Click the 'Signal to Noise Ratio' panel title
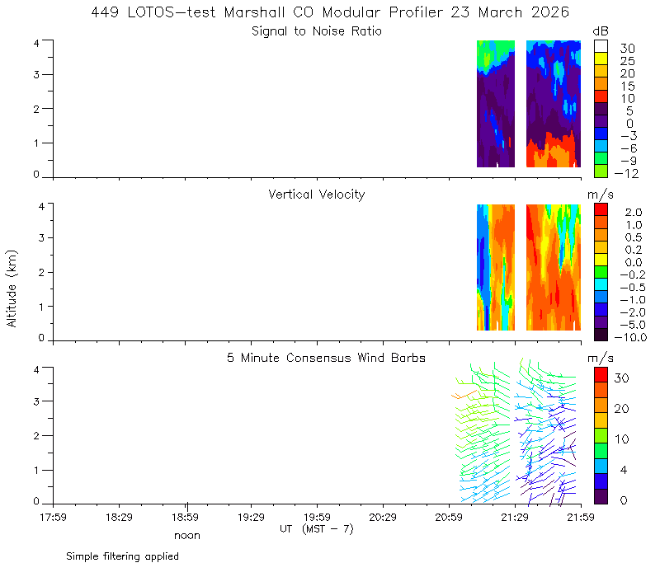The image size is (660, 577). pyautogui.click(x=317, y=31)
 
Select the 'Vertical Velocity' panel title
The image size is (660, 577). pyautogui.click(x=317, y=195)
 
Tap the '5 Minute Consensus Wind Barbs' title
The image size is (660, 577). pyautogui.click(x=326, y=358)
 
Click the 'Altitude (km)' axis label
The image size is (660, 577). pyautogui.click(x=12, y=288)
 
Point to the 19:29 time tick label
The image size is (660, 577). pyautogui.click(x=252, y=517)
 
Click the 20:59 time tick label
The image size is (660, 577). pyautogui.click(x=449, y=517)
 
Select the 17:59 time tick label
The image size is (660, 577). pyautogui.click(x=53, y=517)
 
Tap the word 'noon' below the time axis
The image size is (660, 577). pyautogui.click(x=187, y=536)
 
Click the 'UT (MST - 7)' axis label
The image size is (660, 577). pyautogui.click(x=317, y=529)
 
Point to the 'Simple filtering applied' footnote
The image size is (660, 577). pyautogui.click(x=122, y=556)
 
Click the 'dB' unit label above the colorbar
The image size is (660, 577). pyautogui.click(x=601, y=31)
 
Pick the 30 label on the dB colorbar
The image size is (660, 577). pyautogui.click(x=627, y=49)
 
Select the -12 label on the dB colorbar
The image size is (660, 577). pyautogui.click(x=626, y=173)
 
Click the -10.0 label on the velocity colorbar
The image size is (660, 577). pyautogui.click(x=630, y=337)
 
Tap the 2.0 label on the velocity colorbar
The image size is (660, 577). pyautogui.click(x=634, y=212)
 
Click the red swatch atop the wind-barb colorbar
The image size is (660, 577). pyautogui.click(x=601, y=375)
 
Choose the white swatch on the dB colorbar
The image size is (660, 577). pyautogui.click(x=601, y=46)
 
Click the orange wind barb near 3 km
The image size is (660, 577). pyautogui.click(x=464, y=395)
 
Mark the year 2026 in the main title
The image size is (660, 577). pyautogui.click(x=550, y=12)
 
